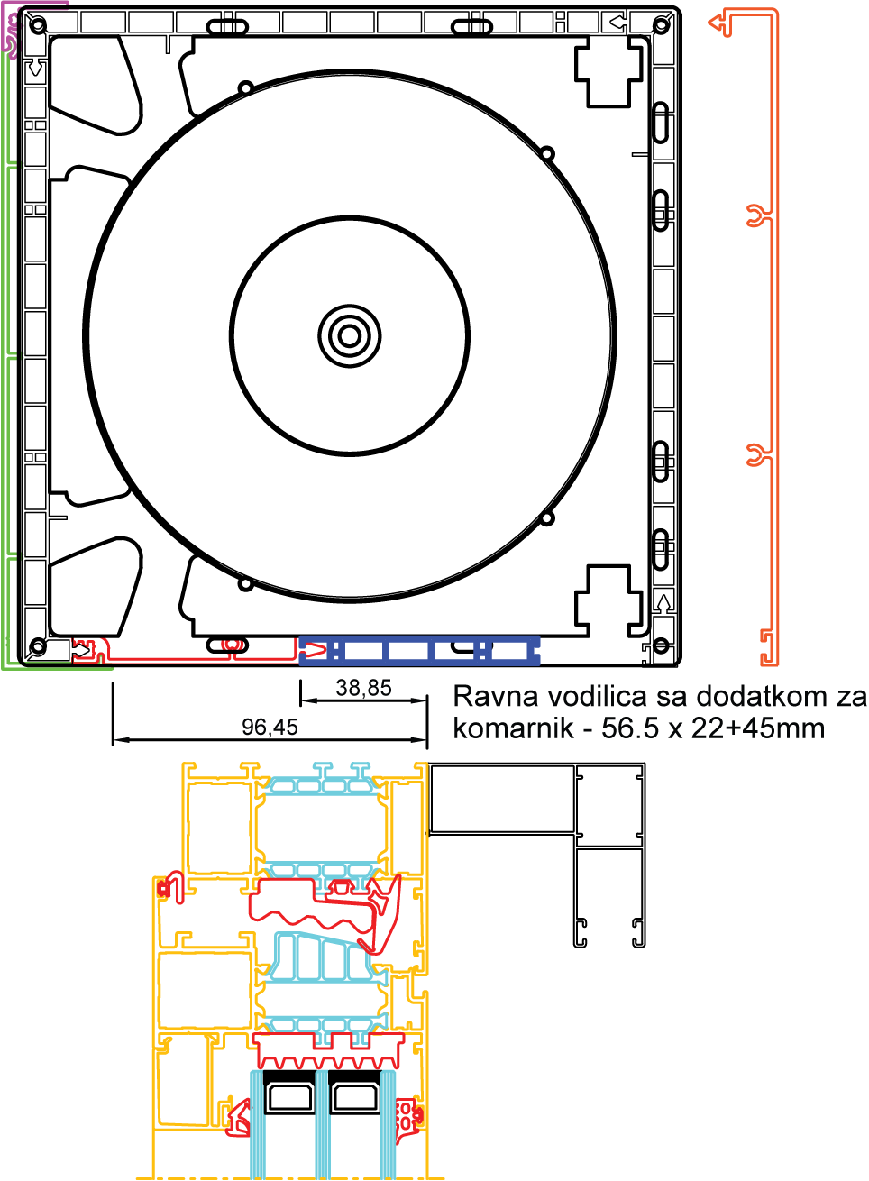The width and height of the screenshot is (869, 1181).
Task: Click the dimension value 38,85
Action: [x=364, y=688]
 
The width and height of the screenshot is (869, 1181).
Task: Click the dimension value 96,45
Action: [x=270, y=727]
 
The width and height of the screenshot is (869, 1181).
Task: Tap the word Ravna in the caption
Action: [x=496, y=697]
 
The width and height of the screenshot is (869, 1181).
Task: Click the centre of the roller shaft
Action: [x=350, y=336]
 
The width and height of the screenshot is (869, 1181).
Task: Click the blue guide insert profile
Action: [x=420, y=650]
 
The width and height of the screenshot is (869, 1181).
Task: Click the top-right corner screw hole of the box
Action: [x=662, y=24]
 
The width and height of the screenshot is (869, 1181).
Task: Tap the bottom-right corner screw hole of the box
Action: [x=662, y=645]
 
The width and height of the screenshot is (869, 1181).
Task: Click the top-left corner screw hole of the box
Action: [x=38, y=24]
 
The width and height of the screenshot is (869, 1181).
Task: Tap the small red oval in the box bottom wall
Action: [x=233, y=645]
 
